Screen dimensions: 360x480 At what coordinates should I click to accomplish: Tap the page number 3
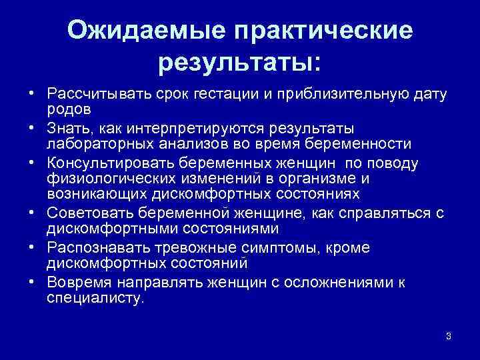tap(449, 335)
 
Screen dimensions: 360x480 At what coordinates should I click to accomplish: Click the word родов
tap(69, 108)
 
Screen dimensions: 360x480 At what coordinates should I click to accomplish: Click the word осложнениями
tap(337, 282)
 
